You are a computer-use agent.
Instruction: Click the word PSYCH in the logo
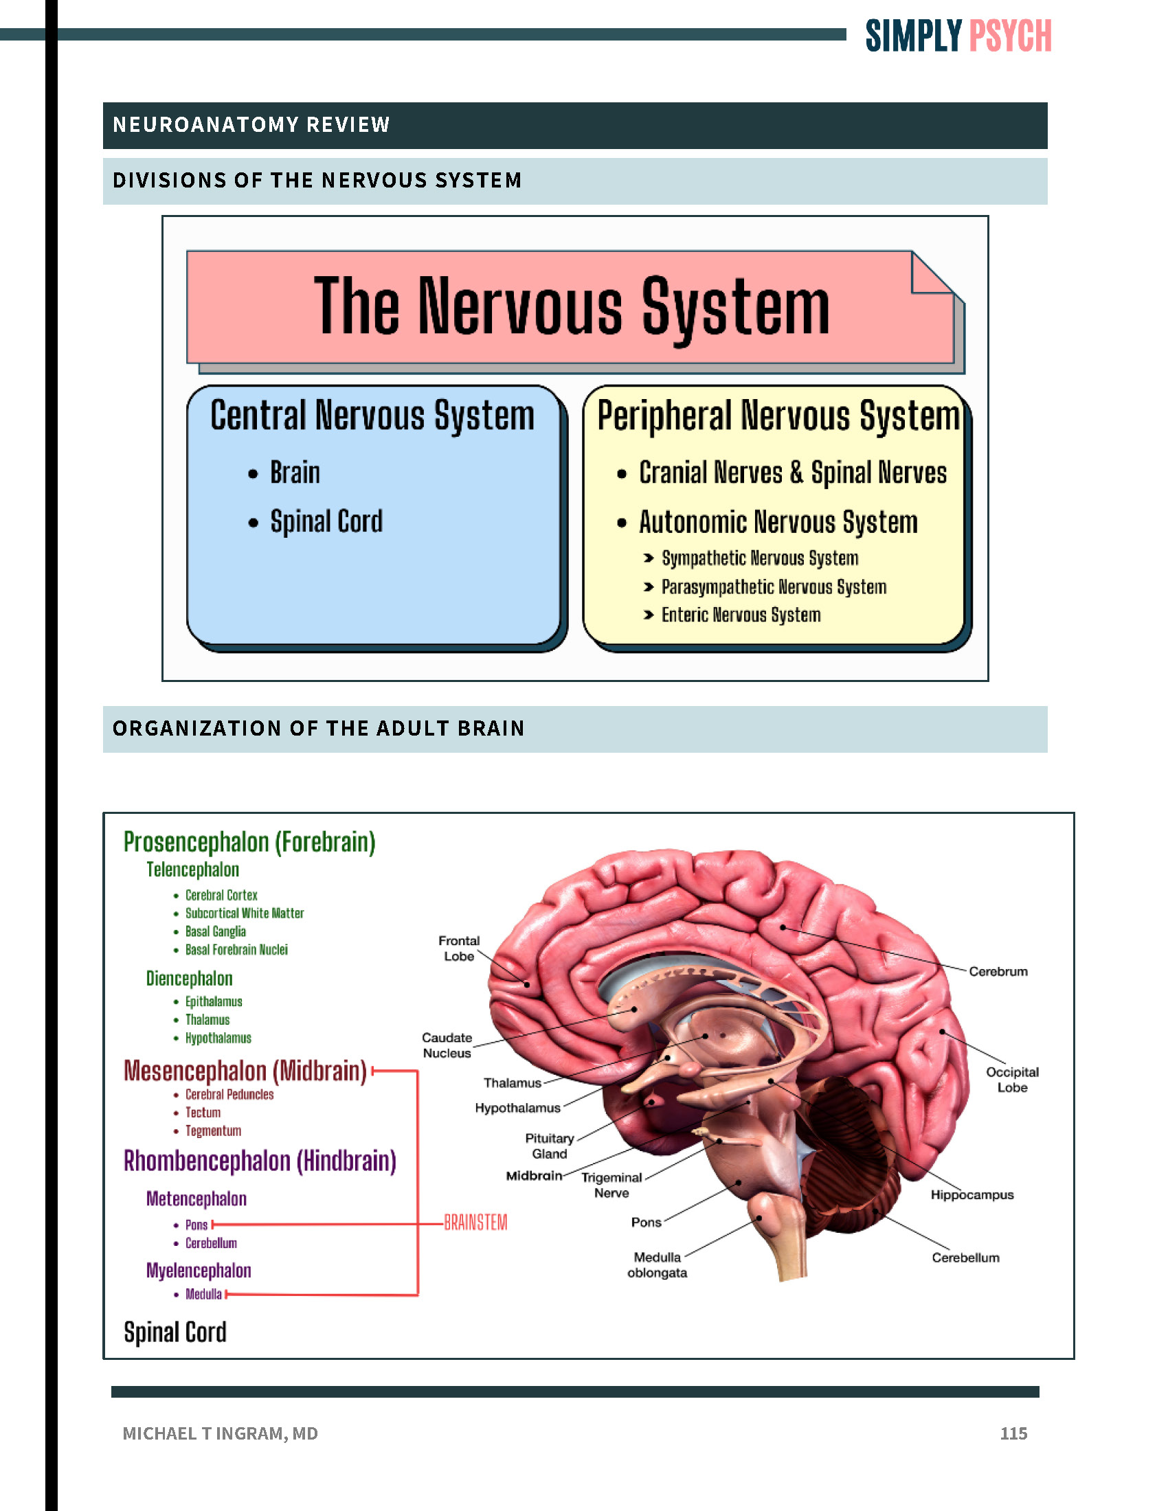tap(1009, 36)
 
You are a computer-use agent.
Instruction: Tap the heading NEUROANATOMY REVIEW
tap(252, 124)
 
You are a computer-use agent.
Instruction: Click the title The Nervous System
tap(572, 306)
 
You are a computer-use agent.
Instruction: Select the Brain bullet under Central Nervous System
tap(295, 473)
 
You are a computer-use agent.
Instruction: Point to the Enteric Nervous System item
tap(741, 615)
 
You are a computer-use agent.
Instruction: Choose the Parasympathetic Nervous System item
tap(774, 587)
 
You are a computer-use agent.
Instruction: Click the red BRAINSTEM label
tap(475, 1223)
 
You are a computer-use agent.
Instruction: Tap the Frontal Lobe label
tap(459, 948)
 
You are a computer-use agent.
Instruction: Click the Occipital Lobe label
tap(1011, 1079)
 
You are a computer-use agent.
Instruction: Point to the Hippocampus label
tap(972, 1195)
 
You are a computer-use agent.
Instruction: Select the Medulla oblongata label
tap(657, 1264)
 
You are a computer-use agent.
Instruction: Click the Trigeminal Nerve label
tap(611, 1185)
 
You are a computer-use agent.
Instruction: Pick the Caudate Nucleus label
tap(447, 1045)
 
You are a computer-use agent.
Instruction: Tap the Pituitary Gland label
tap(550, 1146)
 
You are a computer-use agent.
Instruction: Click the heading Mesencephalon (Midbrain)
tap(245, 1071)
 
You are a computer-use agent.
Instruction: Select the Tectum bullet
tap(203, 1113)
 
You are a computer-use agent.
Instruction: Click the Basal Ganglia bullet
tap(215, 931)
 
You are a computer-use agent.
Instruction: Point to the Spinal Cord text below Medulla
tap(175, 1332)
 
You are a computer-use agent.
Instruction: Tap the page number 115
tap(1013, 1433)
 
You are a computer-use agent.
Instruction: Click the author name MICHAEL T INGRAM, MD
tap(220, 1433)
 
